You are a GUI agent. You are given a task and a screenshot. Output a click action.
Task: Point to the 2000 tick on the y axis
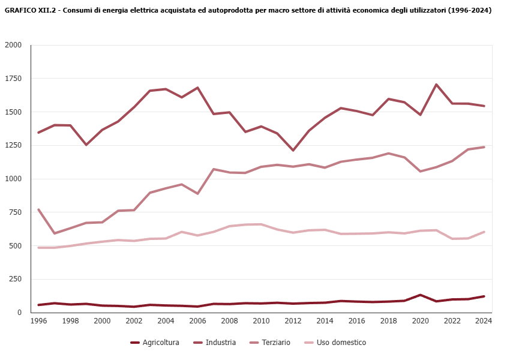tap(13, 45)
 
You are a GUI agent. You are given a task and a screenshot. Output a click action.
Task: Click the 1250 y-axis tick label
tap(13, 145)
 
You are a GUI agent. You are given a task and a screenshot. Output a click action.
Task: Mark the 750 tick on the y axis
tap(16, 212)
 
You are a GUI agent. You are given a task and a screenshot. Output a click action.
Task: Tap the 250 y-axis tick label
tap(16, 279)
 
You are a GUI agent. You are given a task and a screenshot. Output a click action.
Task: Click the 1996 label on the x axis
tap(38, 321)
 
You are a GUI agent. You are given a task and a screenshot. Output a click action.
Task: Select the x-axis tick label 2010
tap(261, 321)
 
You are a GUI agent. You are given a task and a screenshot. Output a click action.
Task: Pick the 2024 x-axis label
tap(484, 321)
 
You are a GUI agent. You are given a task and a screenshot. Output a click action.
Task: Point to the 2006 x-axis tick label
tap(197, 321)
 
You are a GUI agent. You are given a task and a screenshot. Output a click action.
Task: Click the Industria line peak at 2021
tap(436, 85)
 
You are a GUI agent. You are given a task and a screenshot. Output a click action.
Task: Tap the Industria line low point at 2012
tap(293, 151)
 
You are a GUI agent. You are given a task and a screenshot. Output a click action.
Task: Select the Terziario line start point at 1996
tap(38, 209)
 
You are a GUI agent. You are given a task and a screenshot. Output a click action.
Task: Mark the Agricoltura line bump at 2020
tap(421, 295)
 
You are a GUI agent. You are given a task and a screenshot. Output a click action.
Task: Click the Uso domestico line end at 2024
tap(484, 232)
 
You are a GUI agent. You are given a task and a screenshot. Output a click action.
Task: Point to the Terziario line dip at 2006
tap(197, 194)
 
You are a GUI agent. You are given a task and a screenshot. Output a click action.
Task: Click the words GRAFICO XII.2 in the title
tap(29, 10)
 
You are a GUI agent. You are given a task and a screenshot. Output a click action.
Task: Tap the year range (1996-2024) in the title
tap(469, 10)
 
